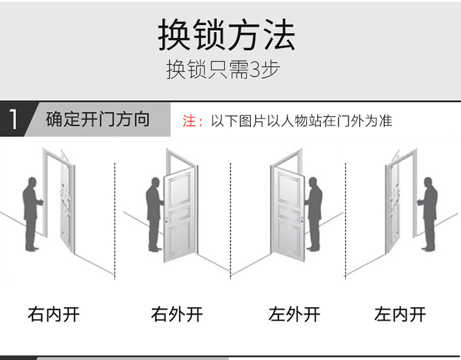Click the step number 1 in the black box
coord(13,119)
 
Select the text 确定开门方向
coord(98,119)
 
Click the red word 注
coord(189,121)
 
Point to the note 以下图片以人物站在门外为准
coord(301,121)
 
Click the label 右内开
coord(54,315)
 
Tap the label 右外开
coord(177,315)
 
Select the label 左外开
coord(294,315)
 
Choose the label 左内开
coord(400,315)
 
